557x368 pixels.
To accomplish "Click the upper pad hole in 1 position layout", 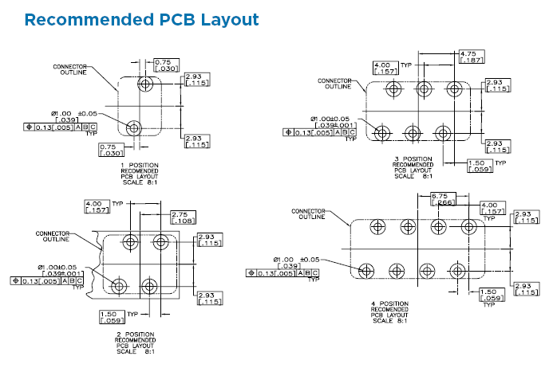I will pos(146,84).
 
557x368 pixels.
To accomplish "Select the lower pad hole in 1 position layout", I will pos(133,127).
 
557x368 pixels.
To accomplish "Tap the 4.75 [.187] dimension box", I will pos(468,57).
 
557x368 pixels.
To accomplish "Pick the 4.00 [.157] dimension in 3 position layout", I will pos(384,69).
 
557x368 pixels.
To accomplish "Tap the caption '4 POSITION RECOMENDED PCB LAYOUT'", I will pos(389,311).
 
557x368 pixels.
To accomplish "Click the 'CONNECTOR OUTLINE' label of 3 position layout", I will pos(334,84).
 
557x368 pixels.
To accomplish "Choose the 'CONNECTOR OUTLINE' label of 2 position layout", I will pos(53,236).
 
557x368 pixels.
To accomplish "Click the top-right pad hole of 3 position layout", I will pos(454,88).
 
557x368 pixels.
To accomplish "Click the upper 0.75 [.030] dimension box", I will pos(164,65).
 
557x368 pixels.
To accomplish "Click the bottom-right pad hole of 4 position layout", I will pos(456,269).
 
